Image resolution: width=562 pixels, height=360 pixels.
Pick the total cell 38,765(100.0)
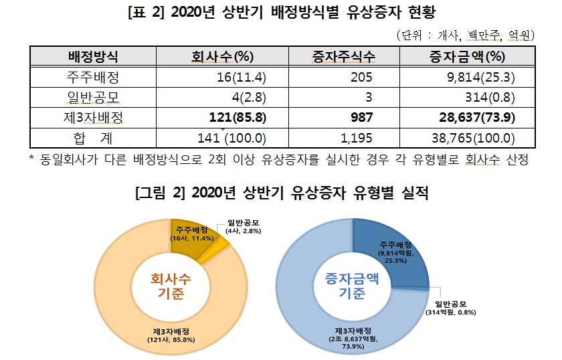coord(472,139)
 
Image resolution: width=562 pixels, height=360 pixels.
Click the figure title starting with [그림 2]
coord(281,193)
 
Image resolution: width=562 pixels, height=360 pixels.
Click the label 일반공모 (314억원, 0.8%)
coord(452,307)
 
